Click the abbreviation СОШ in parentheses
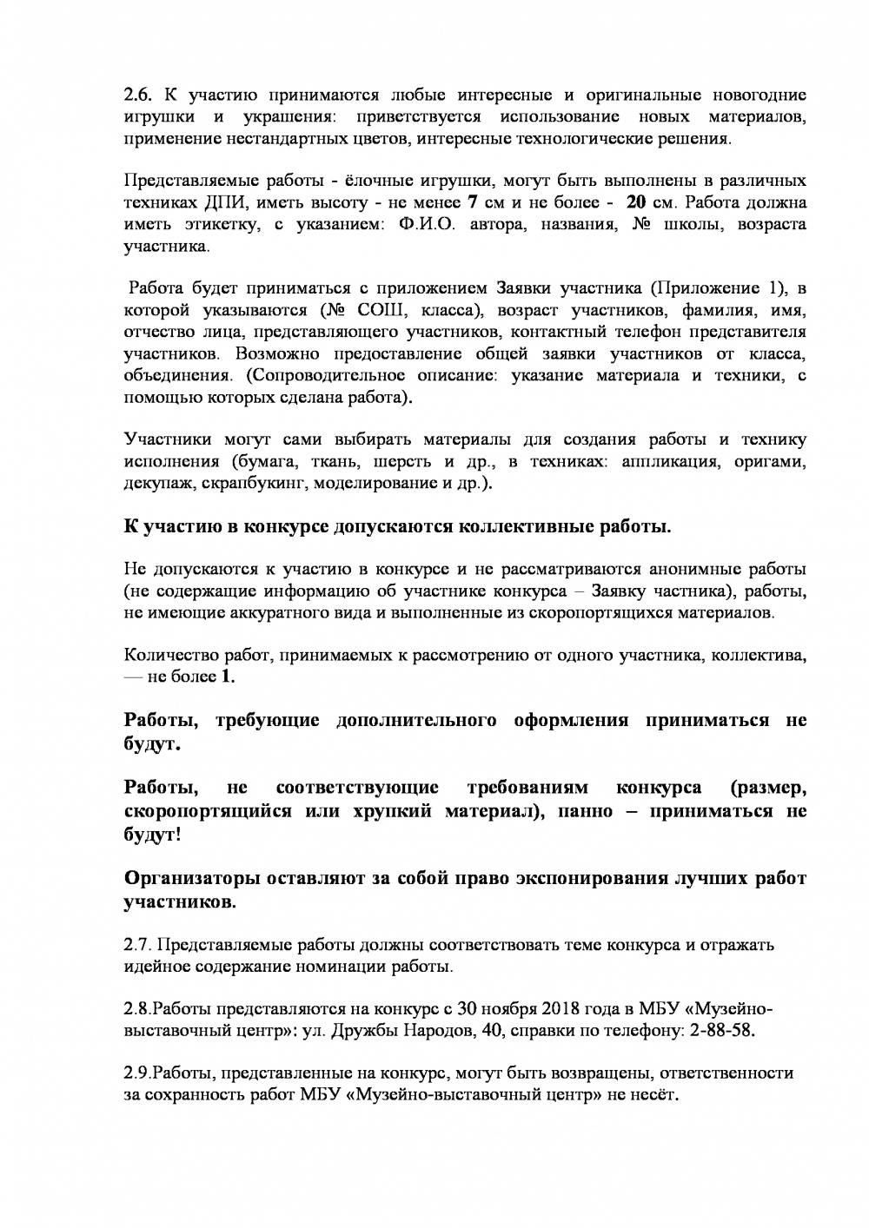(x=396, y=311)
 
